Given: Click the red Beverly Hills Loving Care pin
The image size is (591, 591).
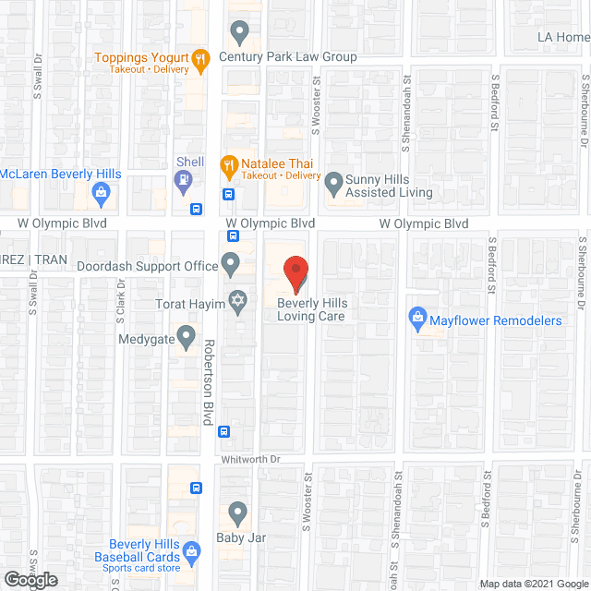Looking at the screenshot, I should click(x=295, y=274).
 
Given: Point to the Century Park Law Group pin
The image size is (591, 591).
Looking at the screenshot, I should click(x=239, y=33).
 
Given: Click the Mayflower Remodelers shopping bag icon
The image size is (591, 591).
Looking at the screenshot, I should click(x=417, y=320).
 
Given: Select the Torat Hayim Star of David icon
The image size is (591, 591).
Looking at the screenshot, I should click(x=238, y=302).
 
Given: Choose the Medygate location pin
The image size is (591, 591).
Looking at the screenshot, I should click(x=186, y=337).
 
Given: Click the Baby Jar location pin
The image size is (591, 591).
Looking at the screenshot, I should click(x=237, y=512).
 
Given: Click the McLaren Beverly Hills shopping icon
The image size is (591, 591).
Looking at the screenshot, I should click(x=103, y=193).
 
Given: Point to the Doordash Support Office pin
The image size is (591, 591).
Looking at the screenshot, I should click(x=230, y=265).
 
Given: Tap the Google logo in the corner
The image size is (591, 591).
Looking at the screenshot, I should click(x=30, y=579).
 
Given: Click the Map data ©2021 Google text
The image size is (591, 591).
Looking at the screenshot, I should click(x=532, y=584).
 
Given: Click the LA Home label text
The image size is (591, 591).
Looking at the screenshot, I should click(x=563, y=38).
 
